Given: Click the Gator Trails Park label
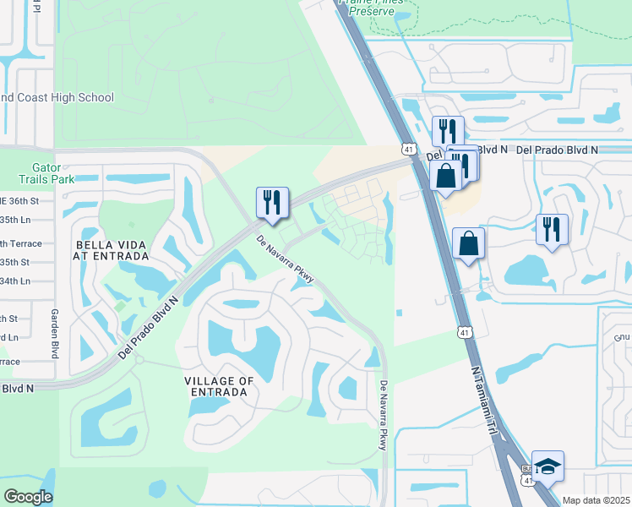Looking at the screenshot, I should point(47,172).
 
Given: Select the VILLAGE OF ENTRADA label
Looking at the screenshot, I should point(219,387).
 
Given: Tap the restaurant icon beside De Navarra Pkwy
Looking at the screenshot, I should point(272,202).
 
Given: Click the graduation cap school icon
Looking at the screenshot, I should point(548,466).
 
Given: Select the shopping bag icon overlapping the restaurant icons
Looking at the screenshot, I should point(444,176).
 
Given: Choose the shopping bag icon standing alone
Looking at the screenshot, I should point(468,243).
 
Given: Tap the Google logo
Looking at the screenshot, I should point(28,497).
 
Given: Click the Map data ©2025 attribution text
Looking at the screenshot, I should point(596,500).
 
